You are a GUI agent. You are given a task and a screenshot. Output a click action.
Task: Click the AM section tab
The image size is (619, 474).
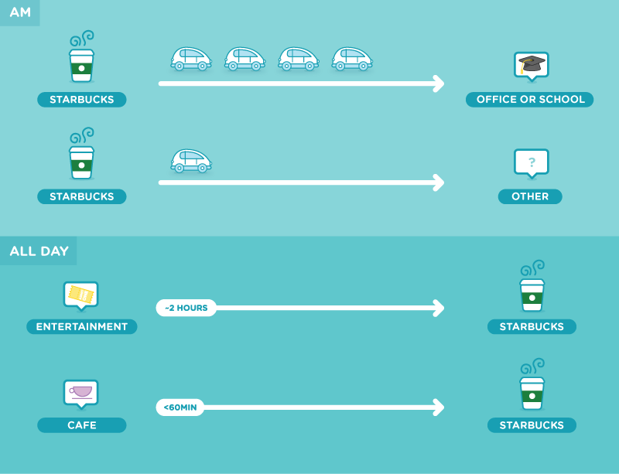pos(20,12)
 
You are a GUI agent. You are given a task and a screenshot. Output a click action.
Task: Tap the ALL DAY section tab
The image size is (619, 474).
pos(38,251)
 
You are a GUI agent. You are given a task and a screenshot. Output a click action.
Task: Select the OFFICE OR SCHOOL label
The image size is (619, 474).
pos(530,100)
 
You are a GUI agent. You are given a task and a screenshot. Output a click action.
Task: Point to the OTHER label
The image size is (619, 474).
pos(530,196)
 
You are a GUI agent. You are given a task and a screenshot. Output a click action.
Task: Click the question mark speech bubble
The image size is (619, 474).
pos(532,163)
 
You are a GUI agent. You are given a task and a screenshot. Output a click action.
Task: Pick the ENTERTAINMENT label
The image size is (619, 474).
pos(82,327)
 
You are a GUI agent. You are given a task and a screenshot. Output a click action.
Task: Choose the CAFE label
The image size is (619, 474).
pos(82,425)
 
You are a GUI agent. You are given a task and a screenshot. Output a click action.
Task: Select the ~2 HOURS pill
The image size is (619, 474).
pos(186,308)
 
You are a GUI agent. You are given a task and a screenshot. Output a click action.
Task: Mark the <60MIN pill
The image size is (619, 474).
pos(180,408)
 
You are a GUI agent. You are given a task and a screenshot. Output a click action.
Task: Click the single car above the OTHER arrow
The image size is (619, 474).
pos(191,161)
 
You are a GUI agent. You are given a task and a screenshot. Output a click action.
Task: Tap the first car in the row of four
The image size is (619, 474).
pos(191,60)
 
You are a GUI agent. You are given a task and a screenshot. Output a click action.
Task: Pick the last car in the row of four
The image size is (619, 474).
pos(352,60)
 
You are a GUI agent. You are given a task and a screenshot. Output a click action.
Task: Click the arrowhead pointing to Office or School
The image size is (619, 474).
pos(439,84)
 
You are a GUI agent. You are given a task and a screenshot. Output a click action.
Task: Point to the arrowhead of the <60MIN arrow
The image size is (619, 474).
pos(439,408)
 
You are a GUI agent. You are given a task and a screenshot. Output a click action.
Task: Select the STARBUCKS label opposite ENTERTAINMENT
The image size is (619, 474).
pos(532,327)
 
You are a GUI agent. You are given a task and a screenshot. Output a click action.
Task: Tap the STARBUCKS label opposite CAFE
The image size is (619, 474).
pos(532,425)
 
